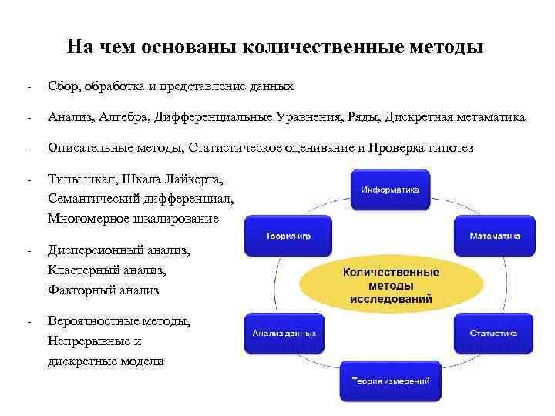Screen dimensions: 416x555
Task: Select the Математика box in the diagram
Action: tap(494, 236)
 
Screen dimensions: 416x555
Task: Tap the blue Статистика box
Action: tap(494, 333)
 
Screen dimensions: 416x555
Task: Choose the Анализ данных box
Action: tap(284, 333)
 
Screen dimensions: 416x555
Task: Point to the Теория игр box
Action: tap(284, 236)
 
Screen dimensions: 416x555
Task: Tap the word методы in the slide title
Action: tap(450, 47)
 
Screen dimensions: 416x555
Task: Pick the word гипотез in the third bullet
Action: tap(452, 148)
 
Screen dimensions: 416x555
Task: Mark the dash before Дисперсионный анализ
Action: tap(27, 250)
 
